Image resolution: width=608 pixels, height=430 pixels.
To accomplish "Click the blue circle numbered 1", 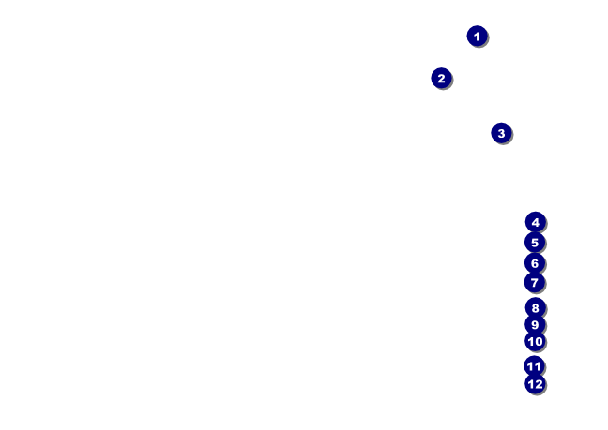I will [x=477, y=37].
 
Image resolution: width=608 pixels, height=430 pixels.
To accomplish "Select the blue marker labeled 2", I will [x=441, y=78].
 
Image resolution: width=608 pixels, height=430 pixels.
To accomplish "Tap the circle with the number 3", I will [x=501, y=133].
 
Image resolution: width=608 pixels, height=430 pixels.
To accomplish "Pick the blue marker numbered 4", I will [x=535, y=222].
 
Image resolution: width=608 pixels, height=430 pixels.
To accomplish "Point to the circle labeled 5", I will [x=535, y=243].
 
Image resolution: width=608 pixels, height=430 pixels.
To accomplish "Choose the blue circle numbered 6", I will [x=535, y=263].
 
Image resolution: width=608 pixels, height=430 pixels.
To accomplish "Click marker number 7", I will [x=535, y=282].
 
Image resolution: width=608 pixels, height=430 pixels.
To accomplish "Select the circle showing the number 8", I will [x=535, y=307].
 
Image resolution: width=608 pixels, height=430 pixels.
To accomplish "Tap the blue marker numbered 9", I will [x=535, y=324].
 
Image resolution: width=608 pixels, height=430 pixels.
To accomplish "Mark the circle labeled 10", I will [x=535, y=341].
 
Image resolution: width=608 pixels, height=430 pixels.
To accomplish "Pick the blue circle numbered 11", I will [x=534, y=366].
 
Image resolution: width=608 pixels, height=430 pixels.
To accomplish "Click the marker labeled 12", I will [x=535, y=383].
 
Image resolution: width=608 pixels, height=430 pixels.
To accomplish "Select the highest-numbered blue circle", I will [x=535, y=383].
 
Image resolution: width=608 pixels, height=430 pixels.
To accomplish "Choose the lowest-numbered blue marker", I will [x=477, y=37].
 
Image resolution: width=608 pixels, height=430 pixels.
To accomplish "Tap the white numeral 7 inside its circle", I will [x=535, y=282].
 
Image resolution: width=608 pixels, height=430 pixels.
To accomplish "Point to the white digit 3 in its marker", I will [x=501, y=133].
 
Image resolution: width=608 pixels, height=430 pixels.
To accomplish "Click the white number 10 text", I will [x=535, y=341].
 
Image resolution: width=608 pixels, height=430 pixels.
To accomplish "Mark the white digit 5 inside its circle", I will [x=535, y=243].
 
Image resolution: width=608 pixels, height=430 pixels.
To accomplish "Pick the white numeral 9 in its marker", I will [x=535, y=324].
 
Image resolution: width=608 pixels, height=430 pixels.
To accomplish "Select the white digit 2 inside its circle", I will [x=441, y=78].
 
